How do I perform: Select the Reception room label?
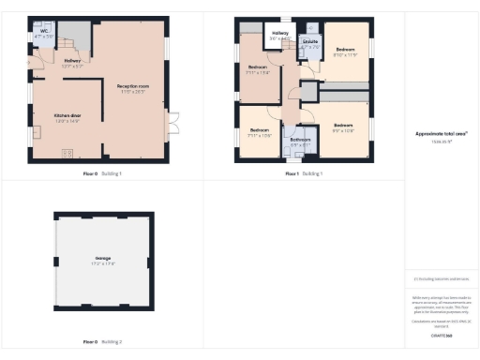pyautogui.click(x=133, y=88)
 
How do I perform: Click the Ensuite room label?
pyautogui.click(x=310, y=44)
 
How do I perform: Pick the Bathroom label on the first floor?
pyautogui.click(x=300, y=142)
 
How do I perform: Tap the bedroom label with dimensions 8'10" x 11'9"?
pyautogui.click(x=345, y=52)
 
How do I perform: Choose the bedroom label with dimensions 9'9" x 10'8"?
pyautogui.click(x=344, y=127)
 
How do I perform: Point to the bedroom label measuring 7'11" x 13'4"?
pyautogui.click(x=258, y=69)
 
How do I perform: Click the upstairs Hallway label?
pyautogui.click(x=280, y=36)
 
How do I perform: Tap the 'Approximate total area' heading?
pyautogui.click(x=442, y=134)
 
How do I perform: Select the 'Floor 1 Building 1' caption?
pyautogui.click(x=304, y=174)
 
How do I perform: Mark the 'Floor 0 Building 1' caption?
pyautogui.click(x=103, y=174)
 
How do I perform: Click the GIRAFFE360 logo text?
pyautogui.click(x=442, y=335)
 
